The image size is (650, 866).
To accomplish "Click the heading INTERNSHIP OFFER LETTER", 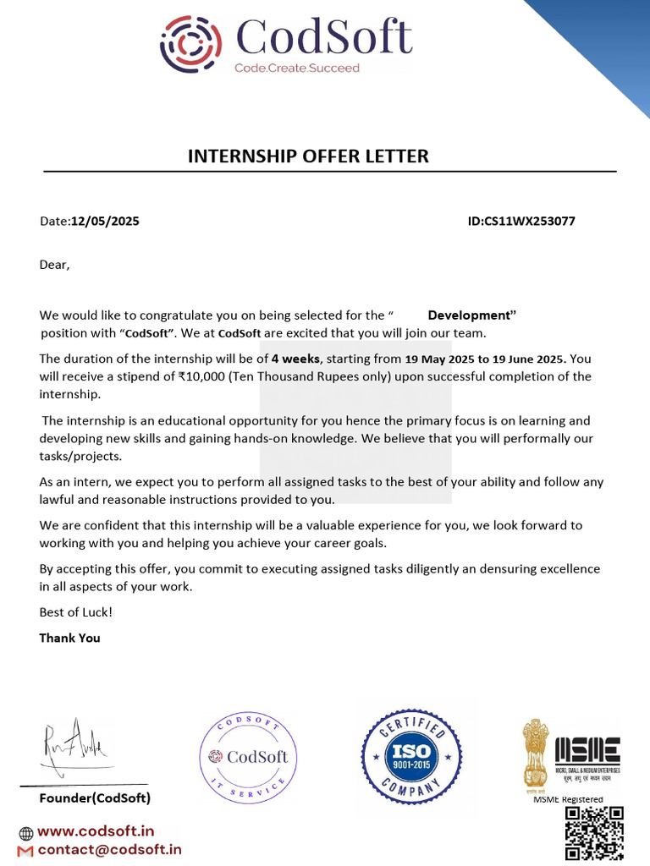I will [308, 156].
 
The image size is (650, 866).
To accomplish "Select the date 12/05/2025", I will [105, 222].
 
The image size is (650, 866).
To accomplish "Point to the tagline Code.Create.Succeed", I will [297, 68].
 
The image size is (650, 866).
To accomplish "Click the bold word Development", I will [471, 315].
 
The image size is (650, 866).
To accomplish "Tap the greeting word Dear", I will [54, 265].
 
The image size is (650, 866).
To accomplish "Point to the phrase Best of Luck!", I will [75, 611].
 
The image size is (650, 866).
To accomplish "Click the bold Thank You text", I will [69, 638].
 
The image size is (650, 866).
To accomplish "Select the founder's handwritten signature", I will [74, 744].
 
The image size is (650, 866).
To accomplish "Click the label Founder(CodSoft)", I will [95, 798].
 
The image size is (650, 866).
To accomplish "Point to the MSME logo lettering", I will [587, 750].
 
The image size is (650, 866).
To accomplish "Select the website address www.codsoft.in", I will [96, 831].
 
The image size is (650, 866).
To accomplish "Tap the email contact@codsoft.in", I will [109, 849].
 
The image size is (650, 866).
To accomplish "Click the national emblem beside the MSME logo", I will [536, 753].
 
